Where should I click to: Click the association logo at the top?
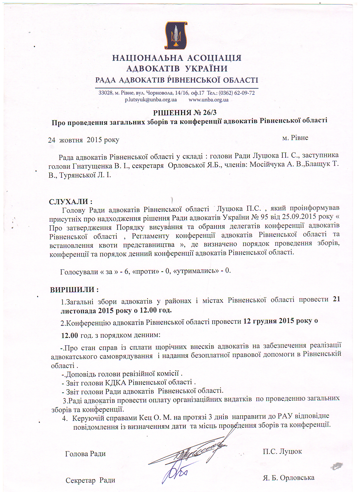176,35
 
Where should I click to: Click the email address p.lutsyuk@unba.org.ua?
151,100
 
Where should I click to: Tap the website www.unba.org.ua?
208,100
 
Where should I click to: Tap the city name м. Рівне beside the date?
295,138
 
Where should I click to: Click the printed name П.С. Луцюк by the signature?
282,451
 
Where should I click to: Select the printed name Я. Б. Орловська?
288,478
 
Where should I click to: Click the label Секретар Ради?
90,480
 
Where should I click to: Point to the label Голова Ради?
85,454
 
